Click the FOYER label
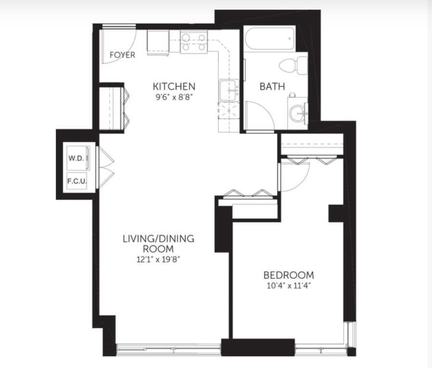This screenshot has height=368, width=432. click(x=122, y=55)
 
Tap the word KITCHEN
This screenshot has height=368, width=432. click(x=174, y=86)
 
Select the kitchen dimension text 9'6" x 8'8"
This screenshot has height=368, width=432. click(x=174, y=97)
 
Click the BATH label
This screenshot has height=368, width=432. click(x=272, y=87)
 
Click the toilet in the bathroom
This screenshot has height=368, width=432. click(x=293, y=66)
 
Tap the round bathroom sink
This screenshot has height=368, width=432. click(x=298, y=113)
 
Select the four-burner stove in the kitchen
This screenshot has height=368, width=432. click(x=194, y=41)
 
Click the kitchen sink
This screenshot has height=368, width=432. click(x=229, y=90)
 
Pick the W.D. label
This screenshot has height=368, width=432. click(x=76, y=158)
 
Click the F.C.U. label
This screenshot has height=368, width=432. click(x=77, y=181)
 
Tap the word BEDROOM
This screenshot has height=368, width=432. click(x=289, y=276)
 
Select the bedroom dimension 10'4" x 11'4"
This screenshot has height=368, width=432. click(x=289, y=286)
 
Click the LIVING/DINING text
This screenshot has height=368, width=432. click(x=158, y=238)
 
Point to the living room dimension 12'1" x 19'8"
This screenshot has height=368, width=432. click(x=158, y=260)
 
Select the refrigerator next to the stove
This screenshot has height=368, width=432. click(x=158, y=43)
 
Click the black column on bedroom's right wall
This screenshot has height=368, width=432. click(x=336, y=213)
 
